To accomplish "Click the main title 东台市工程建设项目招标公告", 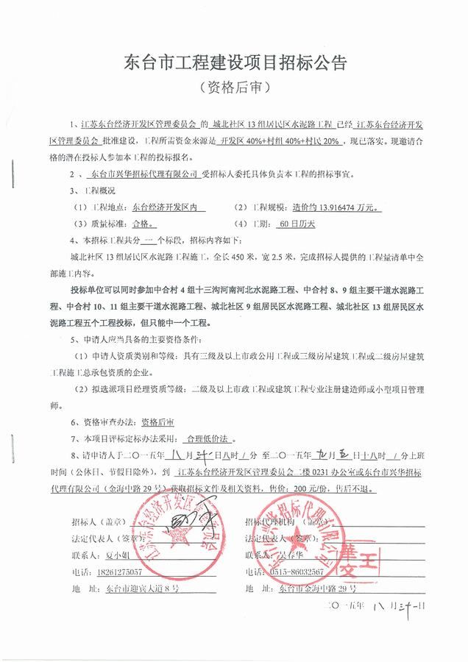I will pyautogui.click(x=233, y=61).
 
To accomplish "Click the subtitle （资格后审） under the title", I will pyautogui.click(x=235, y=88).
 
